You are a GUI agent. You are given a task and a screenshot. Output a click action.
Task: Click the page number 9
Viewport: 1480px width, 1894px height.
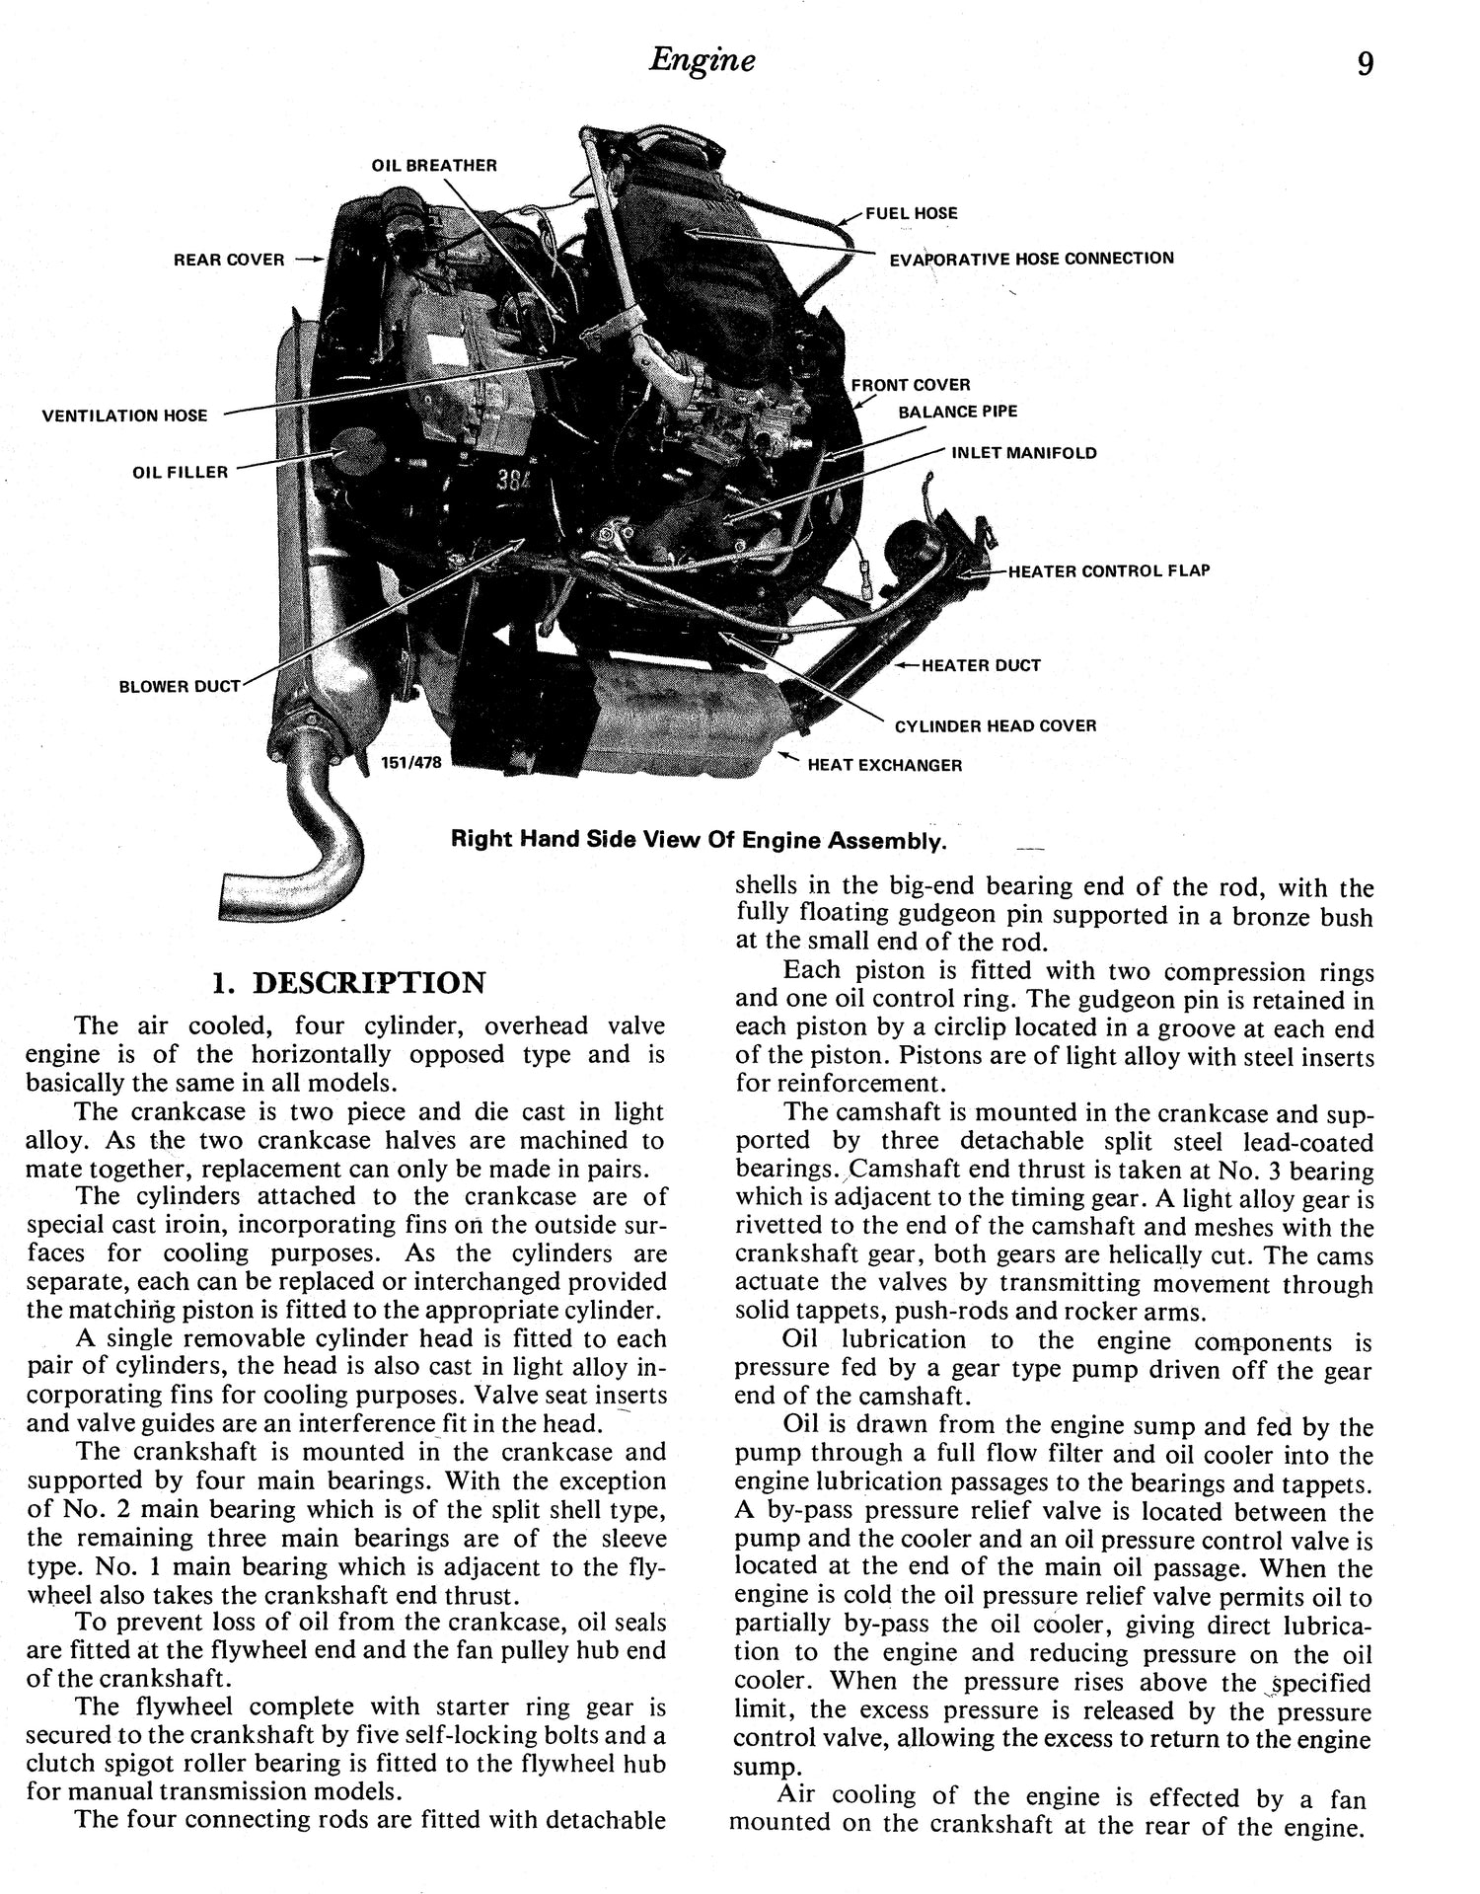pyautogui.click(x=1365, y=64)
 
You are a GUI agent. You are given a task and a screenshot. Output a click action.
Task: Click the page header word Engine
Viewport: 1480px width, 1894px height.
pyautogui.click(x=703, y=61)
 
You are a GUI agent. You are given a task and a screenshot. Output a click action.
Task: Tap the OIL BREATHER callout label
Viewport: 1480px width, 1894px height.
pyautogui.click(x=434, y=166)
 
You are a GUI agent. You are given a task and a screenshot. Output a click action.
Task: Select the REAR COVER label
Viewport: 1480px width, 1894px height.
pyautogui.click(x=229, y=261)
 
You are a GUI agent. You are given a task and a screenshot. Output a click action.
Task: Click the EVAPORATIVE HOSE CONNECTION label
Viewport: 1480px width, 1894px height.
pyautogui.click(x=1031, y=259)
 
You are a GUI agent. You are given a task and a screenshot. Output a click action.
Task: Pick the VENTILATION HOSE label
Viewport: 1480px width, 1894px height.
pyautogui.click(x=124, y=416)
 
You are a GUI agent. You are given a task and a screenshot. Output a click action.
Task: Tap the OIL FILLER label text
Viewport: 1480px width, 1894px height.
pyautogui.click(x=180, y=473)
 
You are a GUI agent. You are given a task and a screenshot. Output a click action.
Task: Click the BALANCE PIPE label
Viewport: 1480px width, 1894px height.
pyautogui.click(x=957, y=412)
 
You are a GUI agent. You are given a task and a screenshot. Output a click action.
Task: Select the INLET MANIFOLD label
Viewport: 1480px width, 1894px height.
pyautogui.click(x=1023, y=454)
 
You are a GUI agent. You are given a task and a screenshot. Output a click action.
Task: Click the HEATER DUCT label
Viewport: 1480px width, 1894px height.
pyautogui.click(x=980, y=666)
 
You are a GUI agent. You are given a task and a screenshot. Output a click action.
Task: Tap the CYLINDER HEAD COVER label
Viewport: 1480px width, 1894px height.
pyautogui.click(x=995, y=726)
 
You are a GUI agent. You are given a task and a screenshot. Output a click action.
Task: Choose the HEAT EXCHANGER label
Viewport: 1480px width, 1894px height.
pyautogui.click(x=884, y=765)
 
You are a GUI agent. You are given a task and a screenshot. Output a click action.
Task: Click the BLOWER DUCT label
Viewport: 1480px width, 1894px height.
pyautogui.click(x=180, y=687)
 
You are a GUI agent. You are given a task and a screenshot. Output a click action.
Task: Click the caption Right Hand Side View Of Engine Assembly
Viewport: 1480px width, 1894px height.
pyautogui.click(x=698, y=841)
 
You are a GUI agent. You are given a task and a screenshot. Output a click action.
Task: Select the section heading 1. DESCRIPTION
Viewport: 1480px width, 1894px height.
pyautogui.click(x=349, y=983)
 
